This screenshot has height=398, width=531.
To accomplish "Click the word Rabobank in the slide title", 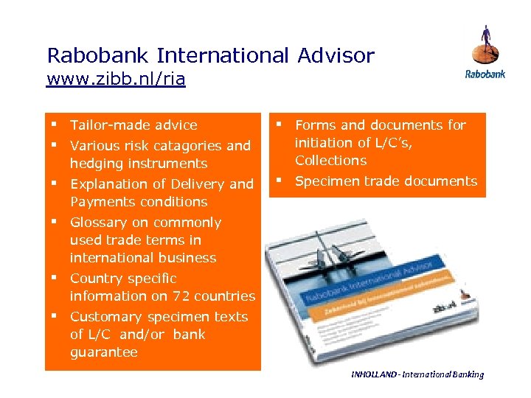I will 100,55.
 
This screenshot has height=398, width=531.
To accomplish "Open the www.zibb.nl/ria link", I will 116,79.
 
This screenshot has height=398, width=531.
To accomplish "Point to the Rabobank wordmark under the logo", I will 485,74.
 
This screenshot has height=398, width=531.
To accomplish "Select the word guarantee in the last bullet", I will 104,352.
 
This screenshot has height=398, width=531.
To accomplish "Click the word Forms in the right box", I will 315,125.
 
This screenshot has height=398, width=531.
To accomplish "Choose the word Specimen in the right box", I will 325,181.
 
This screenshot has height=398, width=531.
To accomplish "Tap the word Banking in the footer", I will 465,374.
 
